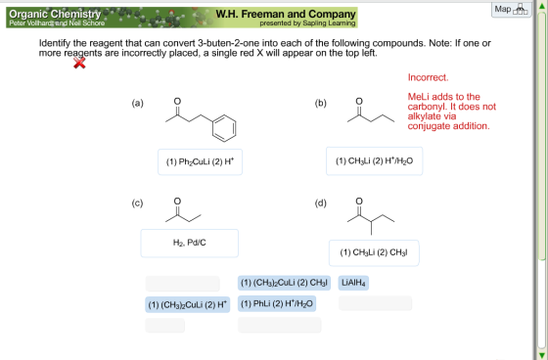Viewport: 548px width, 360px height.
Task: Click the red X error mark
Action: click(x=79, y=63)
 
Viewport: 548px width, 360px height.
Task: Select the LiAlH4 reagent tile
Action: click(x=353, y=283)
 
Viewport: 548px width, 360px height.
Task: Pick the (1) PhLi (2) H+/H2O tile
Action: click(x=277, y=303)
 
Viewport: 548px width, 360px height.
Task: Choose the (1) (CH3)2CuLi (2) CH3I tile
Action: click(x=284, y=283)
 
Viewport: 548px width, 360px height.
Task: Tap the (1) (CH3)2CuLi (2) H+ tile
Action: click(x=187, y=304)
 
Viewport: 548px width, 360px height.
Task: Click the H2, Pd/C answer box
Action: click(x=190, y=244)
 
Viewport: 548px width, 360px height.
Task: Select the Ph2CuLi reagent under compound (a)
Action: click(x=200, y=161)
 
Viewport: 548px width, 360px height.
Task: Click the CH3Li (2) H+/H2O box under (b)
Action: click(x=374, y=160)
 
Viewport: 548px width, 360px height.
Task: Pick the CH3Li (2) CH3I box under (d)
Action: click(x=374, y=252)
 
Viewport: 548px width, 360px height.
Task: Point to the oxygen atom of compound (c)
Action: click(x=177, y=201)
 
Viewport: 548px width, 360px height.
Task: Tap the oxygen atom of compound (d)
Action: click(x=359, y=201)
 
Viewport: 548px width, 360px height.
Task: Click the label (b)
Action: click(x=321, y=103)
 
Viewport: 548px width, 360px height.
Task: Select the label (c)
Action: click(x=137, y=203)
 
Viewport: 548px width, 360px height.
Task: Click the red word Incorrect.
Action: click(x=428, y=77)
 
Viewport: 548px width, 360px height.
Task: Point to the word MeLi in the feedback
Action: click(x=419, y=97)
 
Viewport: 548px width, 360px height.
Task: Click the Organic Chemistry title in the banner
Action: click(x=55, y=14)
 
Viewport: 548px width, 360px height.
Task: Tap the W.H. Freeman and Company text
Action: click(x=286, y=14)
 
